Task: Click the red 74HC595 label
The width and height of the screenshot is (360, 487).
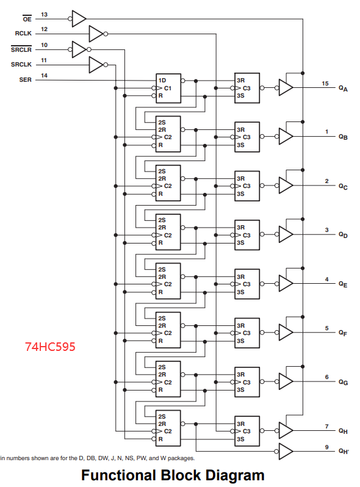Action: pos(51,347)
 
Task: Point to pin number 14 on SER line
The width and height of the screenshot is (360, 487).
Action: pos(45,76)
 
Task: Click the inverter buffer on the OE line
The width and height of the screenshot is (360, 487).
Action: pos(79,18)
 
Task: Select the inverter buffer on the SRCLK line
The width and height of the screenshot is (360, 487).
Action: pos(96,63)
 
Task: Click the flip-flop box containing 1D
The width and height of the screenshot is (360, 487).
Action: pos(168,88)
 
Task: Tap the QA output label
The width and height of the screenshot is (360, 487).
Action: pos(344,88)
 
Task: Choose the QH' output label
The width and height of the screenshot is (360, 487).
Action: pos(344,452)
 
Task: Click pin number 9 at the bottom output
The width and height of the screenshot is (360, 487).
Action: pos(326,447)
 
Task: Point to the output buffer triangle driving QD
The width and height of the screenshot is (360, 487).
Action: pos(286,234)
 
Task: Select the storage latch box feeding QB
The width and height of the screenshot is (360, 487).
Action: pos(247,137)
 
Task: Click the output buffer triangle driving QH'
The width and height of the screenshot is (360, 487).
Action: pos(286,451)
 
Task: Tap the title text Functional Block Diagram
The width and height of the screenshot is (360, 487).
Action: pos(173,475)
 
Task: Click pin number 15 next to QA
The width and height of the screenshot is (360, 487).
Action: pos(325,83)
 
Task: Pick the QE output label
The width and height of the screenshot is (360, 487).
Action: pos(344,284)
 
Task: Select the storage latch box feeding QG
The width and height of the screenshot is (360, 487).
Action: pos(247,382)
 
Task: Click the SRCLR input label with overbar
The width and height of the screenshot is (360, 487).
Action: pos(21,49)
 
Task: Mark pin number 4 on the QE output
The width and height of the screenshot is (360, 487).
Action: pos(326,280)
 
